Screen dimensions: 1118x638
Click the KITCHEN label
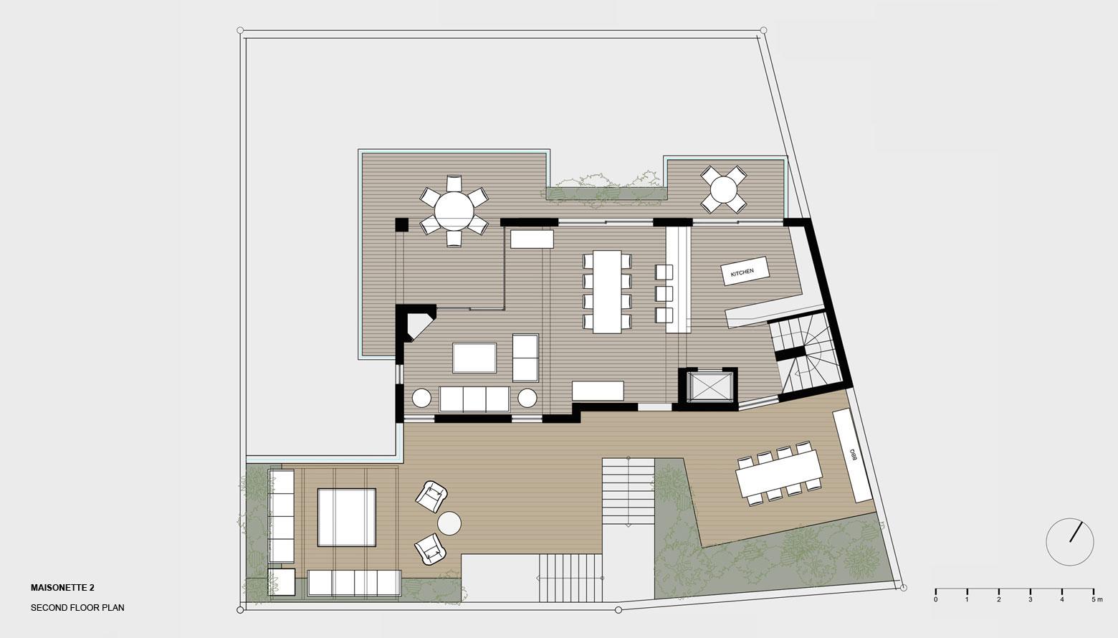[742, 272]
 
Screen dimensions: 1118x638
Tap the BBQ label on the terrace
[853, 454]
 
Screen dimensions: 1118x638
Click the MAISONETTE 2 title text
[62, 588]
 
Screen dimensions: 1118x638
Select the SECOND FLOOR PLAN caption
[77, 608]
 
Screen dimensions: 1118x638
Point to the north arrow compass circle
[1069, 542]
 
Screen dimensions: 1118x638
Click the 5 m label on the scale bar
[1096, 599]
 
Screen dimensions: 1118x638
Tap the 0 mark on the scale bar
[935, 599]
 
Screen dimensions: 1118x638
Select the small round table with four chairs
[723, 190]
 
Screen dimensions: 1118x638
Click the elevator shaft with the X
[708, 387]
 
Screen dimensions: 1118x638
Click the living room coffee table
[474, 358]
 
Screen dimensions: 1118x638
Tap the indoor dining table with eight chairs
[607, 292]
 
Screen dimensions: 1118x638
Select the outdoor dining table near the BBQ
[779, 472]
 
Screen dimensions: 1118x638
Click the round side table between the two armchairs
[449, 524]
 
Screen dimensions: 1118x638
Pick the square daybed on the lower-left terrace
[346, 518]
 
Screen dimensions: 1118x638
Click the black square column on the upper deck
[402, 224]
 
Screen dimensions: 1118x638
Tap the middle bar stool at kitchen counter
[664, 293]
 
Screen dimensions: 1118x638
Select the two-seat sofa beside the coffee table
[525, 358]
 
